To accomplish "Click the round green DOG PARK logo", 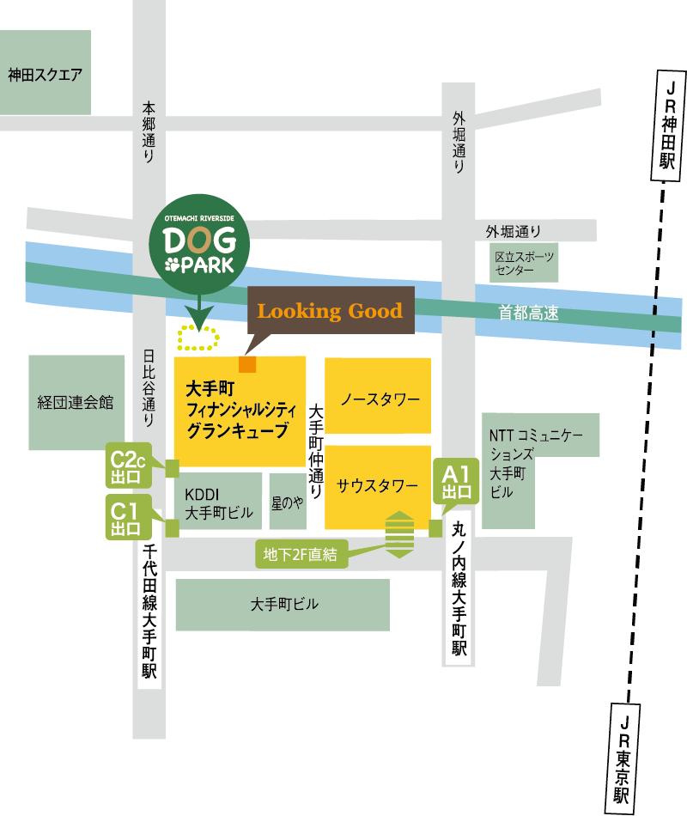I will (198, 249).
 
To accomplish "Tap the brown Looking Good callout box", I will (331, 311).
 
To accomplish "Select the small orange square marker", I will (247, 363).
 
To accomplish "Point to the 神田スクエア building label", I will (46, 75).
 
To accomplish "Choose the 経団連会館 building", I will (76, 402).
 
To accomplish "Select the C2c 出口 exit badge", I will (128, 467).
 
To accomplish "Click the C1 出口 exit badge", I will (128, 517).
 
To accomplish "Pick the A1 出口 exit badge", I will (455, 481).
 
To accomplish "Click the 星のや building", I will (288, 502).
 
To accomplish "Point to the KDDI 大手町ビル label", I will (219, 502).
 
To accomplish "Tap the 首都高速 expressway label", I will (528, 314).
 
